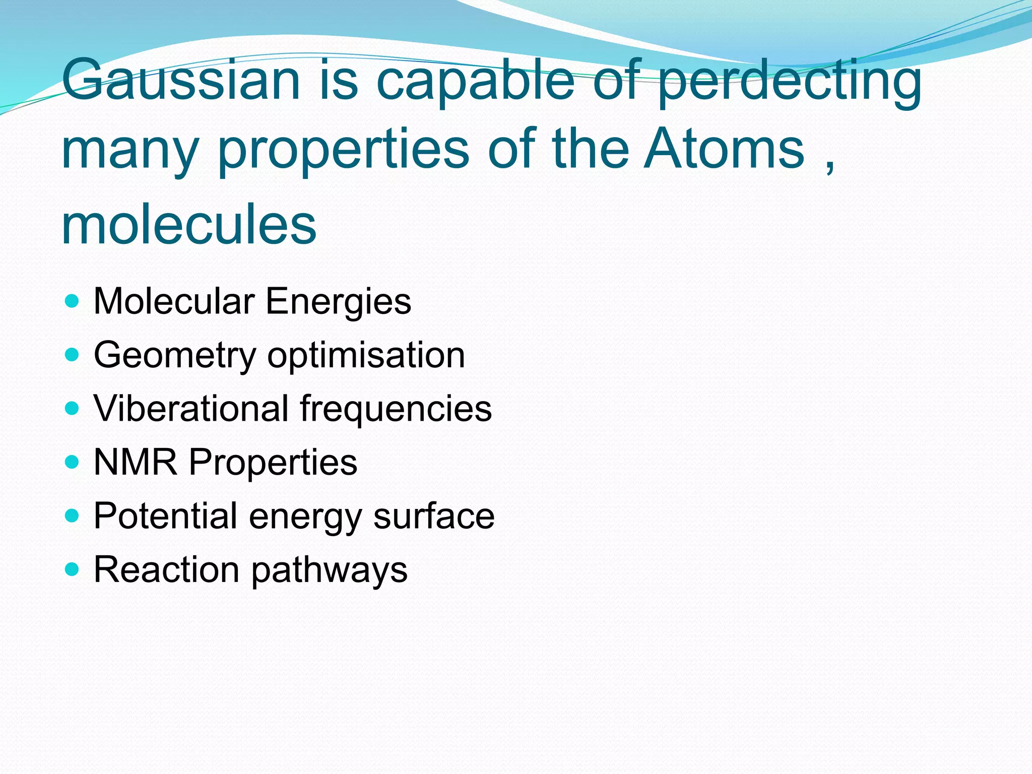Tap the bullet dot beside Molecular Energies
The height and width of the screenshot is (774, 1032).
coord(73,301)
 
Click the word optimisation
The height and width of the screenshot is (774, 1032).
coord(366,356)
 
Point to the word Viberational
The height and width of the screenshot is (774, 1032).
coord(191,408)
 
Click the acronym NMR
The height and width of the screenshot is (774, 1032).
coord(136,462)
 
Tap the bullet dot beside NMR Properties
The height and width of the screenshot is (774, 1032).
coord(73,462)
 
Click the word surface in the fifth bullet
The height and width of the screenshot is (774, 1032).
coord(434,517)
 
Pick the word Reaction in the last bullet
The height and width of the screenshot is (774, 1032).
coord(166,570)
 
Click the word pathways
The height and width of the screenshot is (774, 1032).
coord(329,571)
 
